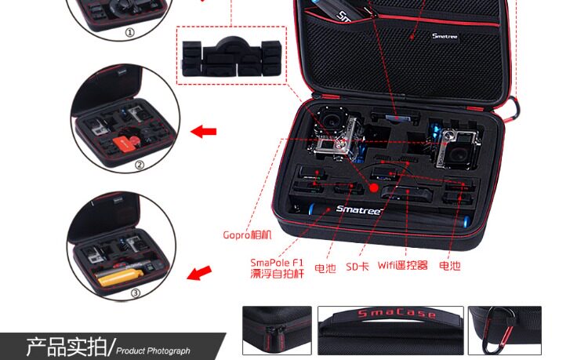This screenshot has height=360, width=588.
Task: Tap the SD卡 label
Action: pos(357,267)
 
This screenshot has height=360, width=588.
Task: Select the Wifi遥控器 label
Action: pos(402,267)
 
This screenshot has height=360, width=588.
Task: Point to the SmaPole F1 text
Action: pos(276,262)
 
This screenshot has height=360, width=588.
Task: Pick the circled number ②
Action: pos(140,165)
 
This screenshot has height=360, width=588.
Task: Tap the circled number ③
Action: pos(135,293)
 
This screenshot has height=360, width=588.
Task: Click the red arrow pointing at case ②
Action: pos(205,131)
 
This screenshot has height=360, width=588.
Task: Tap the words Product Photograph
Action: pos(154,351)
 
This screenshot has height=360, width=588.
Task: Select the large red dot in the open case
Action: pos(374,187)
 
